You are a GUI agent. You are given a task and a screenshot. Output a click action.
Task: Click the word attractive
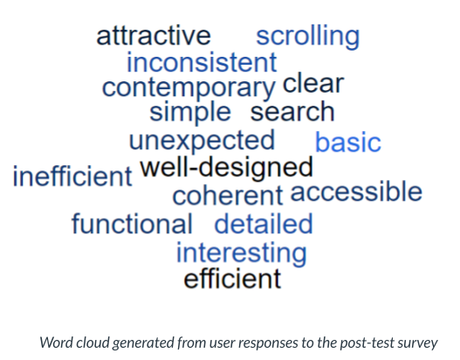pyautogui.click(x=154, y=36)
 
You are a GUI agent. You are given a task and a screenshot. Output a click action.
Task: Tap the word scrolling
pyautogui.click(x=308, y=37)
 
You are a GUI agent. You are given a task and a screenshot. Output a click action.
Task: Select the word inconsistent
pyautogui.click(x=202, y=62)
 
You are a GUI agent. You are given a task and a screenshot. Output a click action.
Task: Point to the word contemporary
pyautogui.click(x=189, y=89)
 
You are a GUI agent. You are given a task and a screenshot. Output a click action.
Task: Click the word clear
pyautogui.click(x=313, y=83)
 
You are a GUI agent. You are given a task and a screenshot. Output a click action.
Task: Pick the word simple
pyautogui.click(x=190, y=113)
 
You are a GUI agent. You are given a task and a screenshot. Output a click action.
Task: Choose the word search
pyautogui.click(x=292, y=112)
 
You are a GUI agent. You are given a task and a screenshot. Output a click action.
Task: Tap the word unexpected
pyautogui.click(x=202, y=142)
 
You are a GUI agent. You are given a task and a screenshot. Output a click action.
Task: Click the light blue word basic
pyautogui.click(x=348, y=142)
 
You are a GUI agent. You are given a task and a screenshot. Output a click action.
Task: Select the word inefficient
pyautogui.click(x=72, y=176)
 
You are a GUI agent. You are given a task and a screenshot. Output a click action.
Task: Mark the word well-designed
pyautogui.click(x=226, y=168)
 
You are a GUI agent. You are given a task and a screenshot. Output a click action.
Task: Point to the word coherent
pyautogui.click(x=228, y=196)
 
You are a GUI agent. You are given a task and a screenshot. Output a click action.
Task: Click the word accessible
pyautogui.click(x=356, y=191)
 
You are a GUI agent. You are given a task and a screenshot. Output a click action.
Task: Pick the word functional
pyautogui.click(x=132, y=224)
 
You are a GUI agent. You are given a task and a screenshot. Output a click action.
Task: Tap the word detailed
pyautogui.click(x=264, y=224)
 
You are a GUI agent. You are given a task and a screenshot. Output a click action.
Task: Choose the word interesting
pyautogui.click(x=242, y=253)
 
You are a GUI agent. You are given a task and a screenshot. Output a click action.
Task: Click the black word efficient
pyautogui.click(x=232, y=279)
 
